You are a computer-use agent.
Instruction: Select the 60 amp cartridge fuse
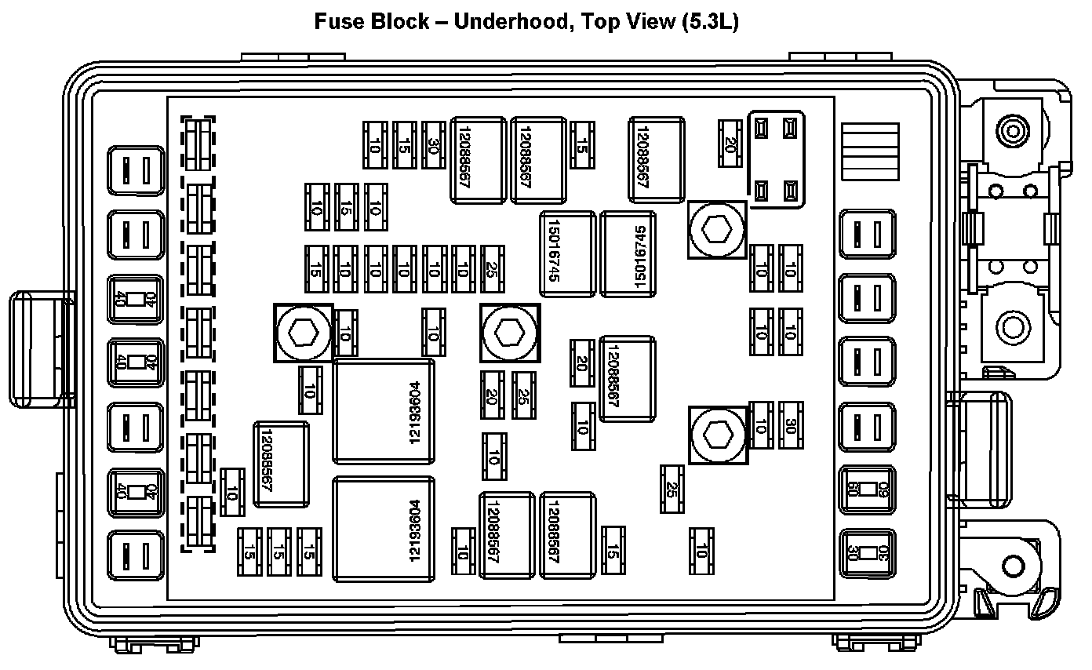[x=867, y=490]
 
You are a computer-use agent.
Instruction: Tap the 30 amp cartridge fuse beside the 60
[x=867, y=554]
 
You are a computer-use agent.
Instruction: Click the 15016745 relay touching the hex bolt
[x=628, y=254]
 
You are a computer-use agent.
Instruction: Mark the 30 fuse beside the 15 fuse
[x=433, y=145]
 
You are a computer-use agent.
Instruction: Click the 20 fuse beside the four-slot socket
[x=730, y=144]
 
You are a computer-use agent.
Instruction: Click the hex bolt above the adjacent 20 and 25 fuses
[x=511, y=333]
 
